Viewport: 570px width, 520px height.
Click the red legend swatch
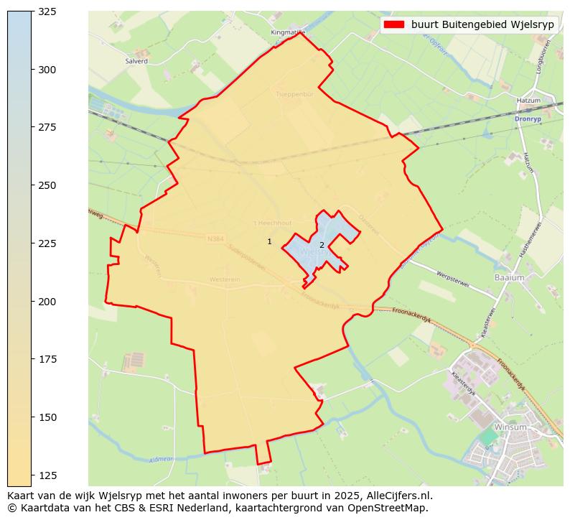394,24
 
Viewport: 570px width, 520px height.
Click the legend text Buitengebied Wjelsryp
484,24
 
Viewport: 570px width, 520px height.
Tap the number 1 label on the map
269,242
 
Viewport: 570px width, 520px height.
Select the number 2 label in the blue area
322,246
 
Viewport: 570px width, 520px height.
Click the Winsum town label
510,427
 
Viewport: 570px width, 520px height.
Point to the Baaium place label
509,277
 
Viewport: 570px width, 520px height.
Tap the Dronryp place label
527,119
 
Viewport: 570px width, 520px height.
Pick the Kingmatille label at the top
288,32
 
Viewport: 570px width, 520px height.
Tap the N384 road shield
215,238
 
